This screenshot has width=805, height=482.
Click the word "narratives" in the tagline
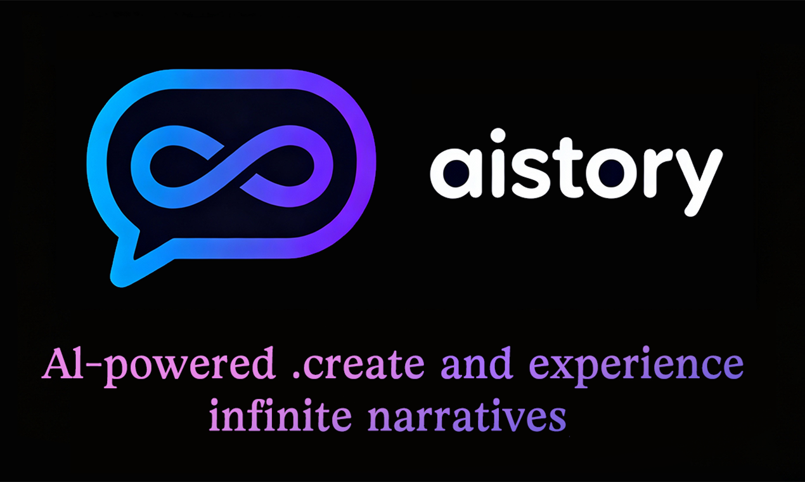467,417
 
